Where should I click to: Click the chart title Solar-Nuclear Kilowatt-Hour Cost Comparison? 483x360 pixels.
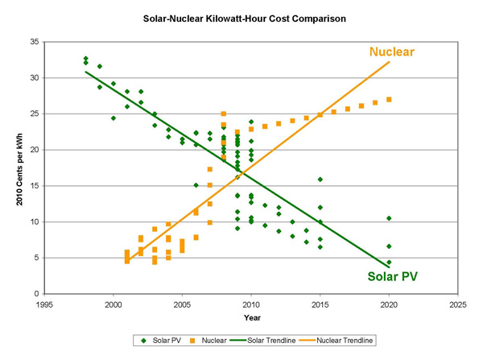pos(242,16)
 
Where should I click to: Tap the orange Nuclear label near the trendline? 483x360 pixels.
pos(392,52)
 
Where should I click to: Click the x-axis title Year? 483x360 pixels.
pos(252,317)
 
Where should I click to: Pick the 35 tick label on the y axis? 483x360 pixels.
pos(34,41)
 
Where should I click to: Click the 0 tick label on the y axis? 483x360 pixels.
pos(36,294)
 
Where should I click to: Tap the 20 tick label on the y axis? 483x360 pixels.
pos(34,150)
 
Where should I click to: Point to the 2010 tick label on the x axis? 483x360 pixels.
pos(251,305)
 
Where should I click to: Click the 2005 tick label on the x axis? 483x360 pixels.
pos(183,305)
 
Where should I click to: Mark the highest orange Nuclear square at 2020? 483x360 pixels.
pos(389,99)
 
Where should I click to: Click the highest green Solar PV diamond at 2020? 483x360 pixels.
pos(389,218)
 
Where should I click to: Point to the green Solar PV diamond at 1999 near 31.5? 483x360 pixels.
pos(100,66)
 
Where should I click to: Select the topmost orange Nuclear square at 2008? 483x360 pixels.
pos(223,114)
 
